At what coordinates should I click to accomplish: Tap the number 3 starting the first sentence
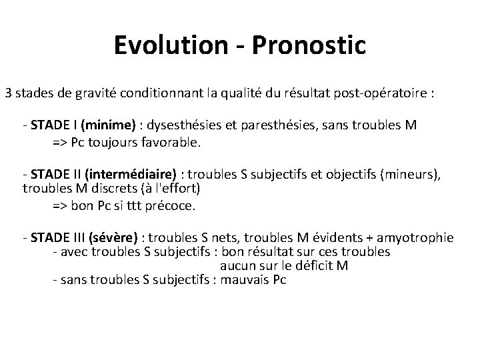click(9, 93)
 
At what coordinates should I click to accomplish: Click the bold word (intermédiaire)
click(130, 175)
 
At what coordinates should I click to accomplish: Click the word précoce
click(171, 205)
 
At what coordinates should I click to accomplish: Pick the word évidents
click(345, 237)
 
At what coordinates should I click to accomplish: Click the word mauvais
click(244, 280)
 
